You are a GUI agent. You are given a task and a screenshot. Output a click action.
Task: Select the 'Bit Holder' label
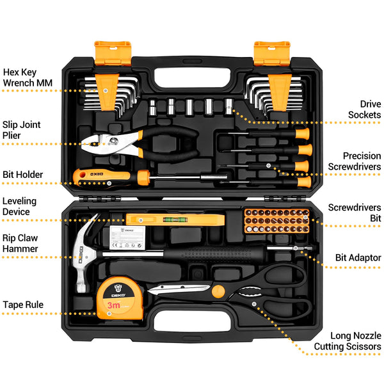click(x=23, y=175)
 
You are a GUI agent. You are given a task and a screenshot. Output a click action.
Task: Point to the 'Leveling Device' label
click(x=20, y=206)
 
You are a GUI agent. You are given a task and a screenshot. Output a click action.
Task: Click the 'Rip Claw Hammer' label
click(x=20, y=243)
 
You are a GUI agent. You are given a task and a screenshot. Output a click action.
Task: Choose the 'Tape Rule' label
click(x=23, y=305)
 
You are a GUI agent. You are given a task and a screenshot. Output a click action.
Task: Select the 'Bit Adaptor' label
click(x=358, y=258)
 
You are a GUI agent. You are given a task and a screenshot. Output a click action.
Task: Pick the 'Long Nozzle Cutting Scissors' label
click(x=348, y=340)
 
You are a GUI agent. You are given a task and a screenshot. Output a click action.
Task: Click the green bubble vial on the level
click(x=168, y=219)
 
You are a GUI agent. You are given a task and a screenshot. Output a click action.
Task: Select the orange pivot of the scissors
click(x=219, y=291)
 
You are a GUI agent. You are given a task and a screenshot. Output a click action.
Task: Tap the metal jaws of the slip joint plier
click(x=106, y=144)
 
